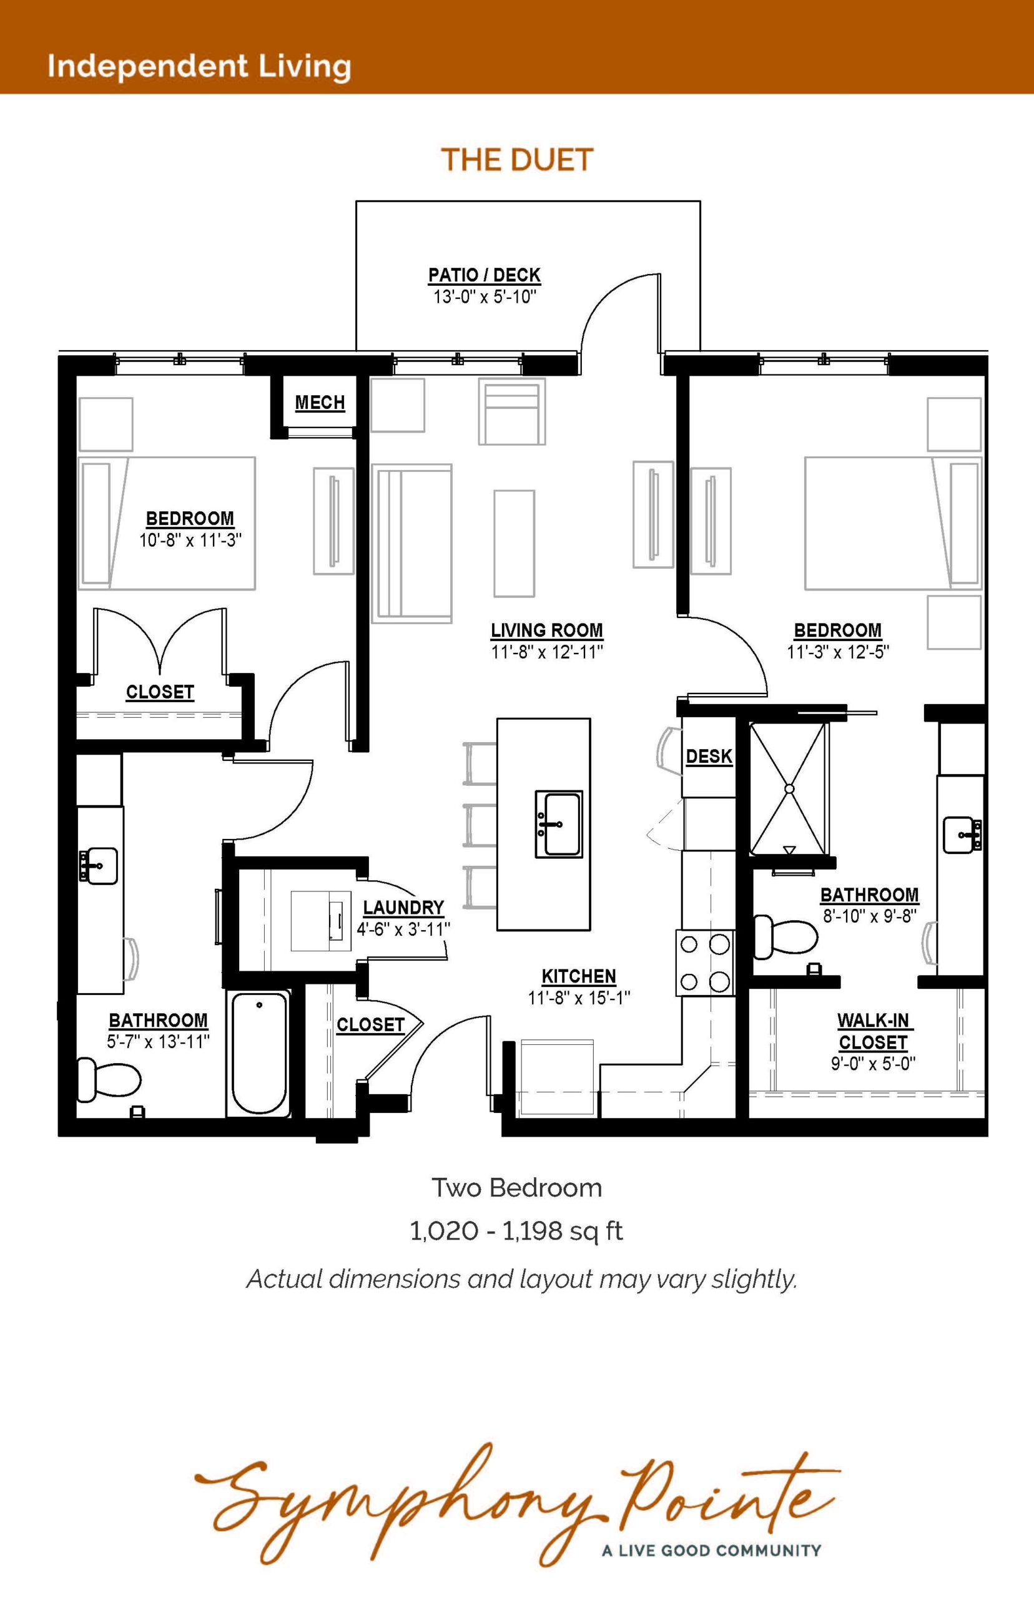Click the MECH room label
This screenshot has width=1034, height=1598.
point(320,403)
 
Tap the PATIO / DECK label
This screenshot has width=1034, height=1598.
point(485,275)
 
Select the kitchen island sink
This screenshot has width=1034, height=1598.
point(559,823)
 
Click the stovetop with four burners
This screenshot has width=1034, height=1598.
point(705,963)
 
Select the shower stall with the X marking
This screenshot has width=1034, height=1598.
point(790,788)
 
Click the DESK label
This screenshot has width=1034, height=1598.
point(709,757)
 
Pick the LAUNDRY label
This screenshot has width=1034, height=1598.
point(403,908)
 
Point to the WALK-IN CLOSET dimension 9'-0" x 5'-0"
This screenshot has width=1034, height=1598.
point(874,1064)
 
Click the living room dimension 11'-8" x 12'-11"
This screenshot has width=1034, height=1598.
point(547,652)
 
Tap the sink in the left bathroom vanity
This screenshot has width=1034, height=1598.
point(99,865)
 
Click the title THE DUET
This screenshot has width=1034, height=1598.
point(518,160)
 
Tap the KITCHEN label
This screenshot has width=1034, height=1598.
point(579,976)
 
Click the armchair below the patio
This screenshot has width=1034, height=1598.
point(512,411)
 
